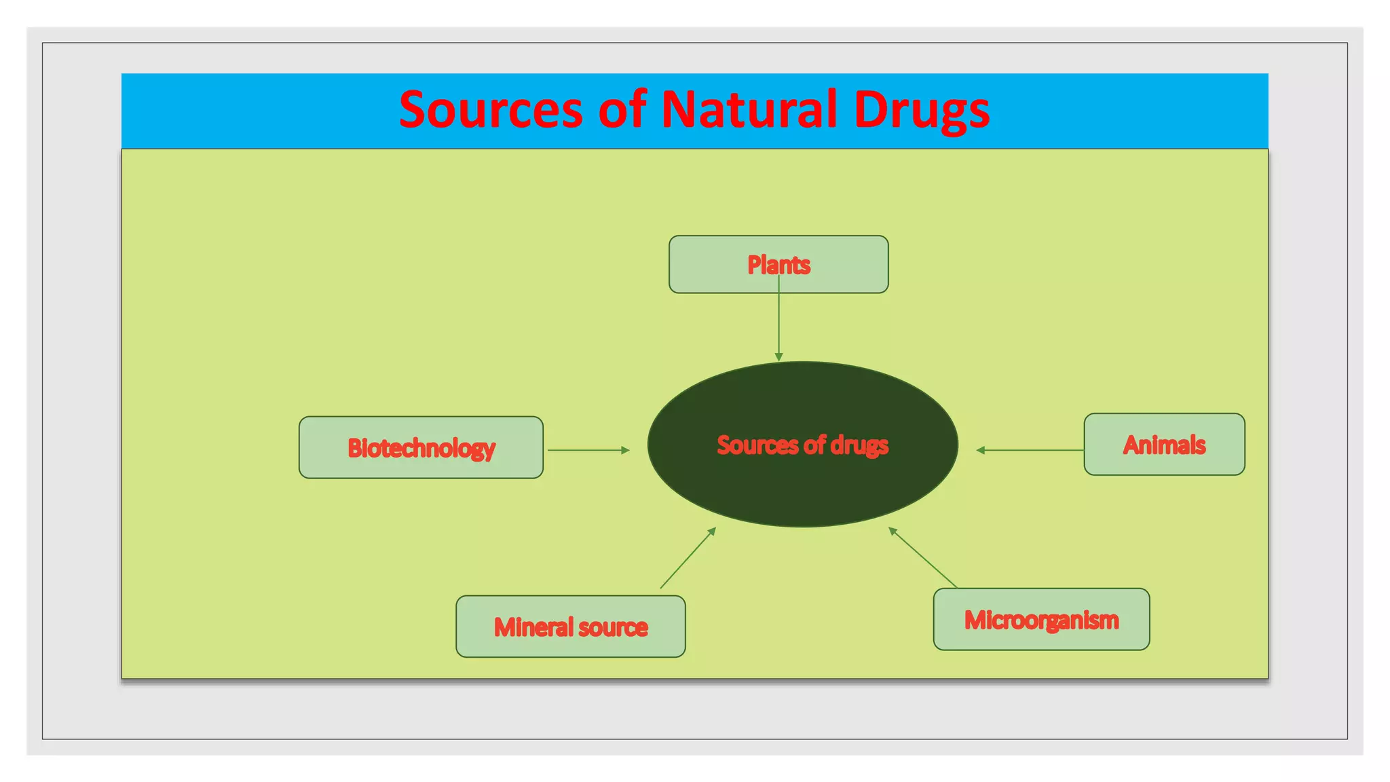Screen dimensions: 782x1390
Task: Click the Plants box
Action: tap(778, 264)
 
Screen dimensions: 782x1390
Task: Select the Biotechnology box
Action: tap(421, 447)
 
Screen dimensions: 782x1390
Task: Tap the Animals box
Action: tap(1164, 445)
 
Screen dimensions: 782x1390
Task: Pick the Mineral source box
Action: tap(570, 627)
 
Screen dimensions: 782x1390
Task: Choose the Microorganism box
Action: tap(1041, 619)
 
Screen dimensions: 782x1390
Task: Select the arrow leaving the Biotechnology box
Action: tap(588, 450)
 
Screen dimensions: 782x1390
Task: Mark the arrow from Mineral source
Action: tap(688, 558)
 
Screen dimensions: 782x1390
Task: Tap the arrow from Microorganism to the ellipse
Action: tap(923, 557)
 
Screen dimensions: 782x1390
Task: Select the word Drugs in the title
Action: tap(922, 110)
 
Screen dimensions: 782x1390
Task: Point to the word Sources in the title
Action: tap(491, 109)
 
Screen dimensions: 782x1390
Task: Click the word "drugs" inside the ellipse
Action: tap(859, 445)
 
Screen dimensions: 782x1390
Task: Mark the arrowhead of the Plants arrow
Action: tap(778, 357)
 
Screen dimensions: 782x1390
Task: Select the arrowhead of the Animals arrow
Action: tap(980, 450)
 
